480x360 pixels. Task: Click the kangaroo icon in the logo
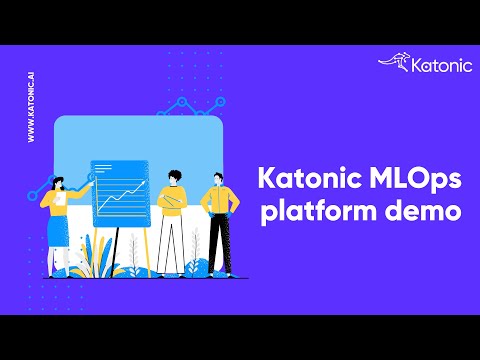click(x=392, y=63)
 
